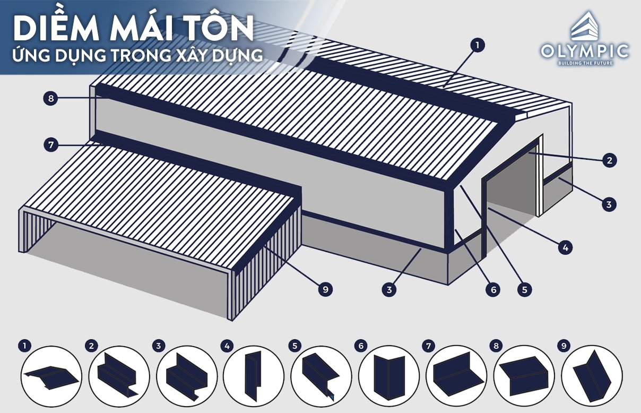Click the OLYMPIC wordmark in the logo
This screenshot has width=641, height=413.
tap(585, 51)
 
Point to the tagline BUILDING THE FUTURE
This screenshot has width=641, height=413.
tap(585, 63)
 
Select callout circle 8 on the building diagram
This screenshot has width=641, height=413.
tap(50, 98)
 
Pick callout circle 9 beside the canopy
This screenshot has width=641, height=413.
tap(326, 289)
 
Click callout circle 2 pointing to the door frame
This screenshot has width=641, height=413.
tap(610, 160)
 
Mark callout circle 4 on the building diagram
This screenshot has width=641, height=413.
tap(566, 247)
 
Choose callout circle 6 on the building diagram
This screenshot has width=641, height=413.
tap(493, 289)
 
